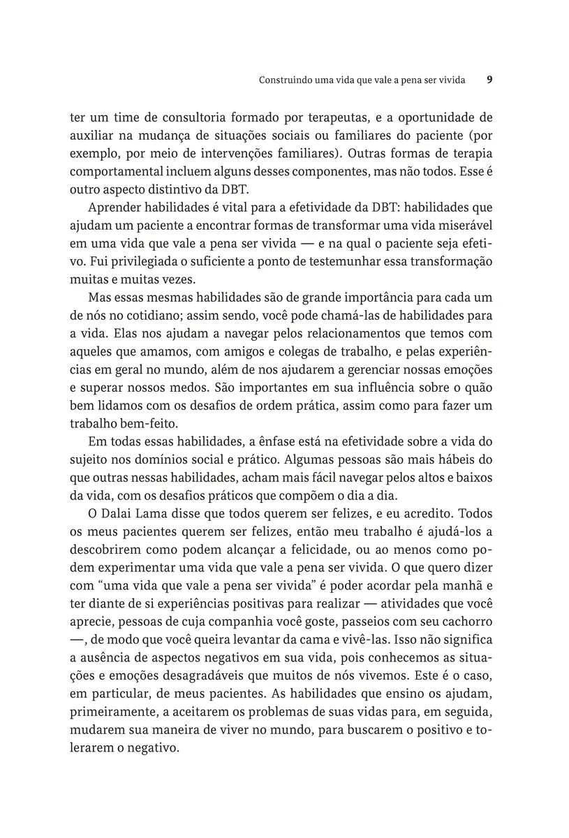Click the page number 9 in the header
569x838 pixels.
(x=489, y=80)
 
